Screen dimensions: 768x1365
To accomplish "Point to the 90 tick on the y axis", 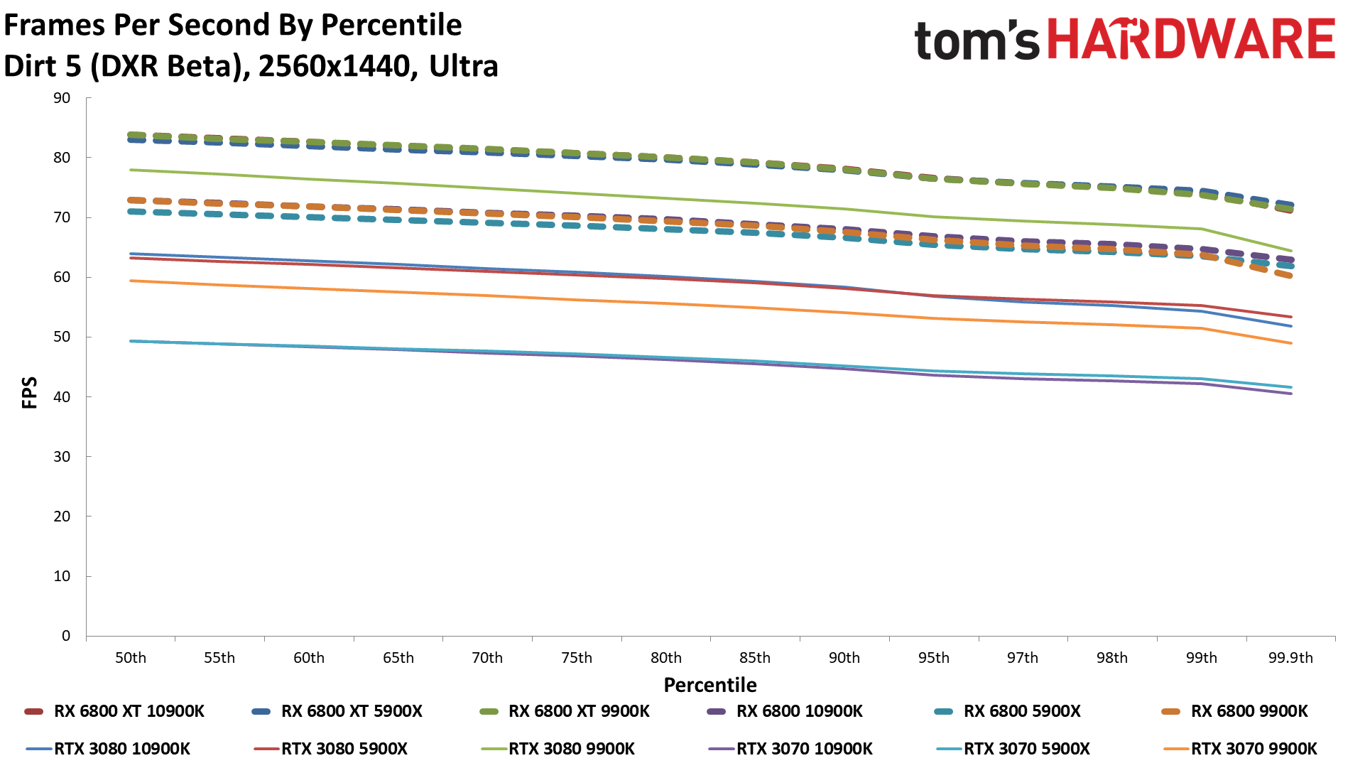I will [62, 98].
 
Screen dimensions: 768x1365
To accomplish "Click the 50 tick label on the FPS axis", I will [62, 337].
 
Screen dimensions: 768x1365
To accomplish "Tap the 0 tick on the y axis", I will [66, 636].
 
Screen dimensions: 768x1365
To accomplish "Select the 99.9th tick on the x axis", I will [1290, 658].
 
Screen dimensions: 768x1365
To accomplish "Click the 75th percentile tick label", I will [576, 658].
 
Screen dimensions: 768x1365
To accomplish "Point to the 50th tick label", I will [131, 658].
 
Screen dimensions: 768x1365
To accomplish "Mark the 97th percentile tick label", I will [1022, 658].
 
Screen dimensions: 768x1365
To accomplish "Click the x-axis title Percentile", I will [710, 685].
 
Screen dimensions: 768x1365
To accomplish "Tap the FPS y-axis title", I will [30, 393].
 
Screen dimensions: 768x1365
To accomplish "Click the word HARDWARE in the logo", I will [1191, 40].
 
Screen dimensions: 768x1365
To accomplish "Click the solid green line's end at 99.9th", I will [1290, 251].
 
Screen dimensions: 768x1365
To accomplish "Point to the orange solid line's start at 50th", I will [131, 281].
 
